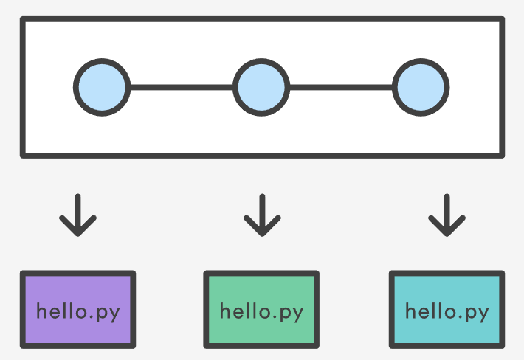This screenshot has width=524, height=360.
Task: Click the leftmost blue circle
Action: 102,87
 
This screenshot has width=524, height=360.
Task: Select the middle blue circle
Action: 261,87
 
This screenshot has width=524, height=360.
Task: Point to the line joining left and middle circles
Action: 182,87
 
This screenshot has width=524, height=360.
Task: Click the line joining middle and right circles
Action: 341,87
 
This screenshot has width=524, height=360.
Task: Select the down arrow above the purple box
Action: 77,215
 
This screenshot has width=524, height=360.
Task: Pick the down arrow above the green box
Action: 261,215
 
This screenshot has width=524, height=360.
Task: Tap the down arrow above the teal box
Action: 447,215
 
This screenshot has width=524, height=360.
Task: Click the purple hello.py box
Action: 77,309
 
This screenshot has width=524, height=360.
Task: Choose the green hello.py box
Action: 261,309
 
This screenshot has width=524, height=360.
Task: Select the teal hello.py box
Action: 447,309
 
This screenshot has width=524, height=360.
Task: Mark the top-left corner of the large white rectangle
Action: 24,21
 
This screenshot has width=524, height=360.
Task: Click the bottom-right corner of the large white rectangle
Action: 501,154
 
